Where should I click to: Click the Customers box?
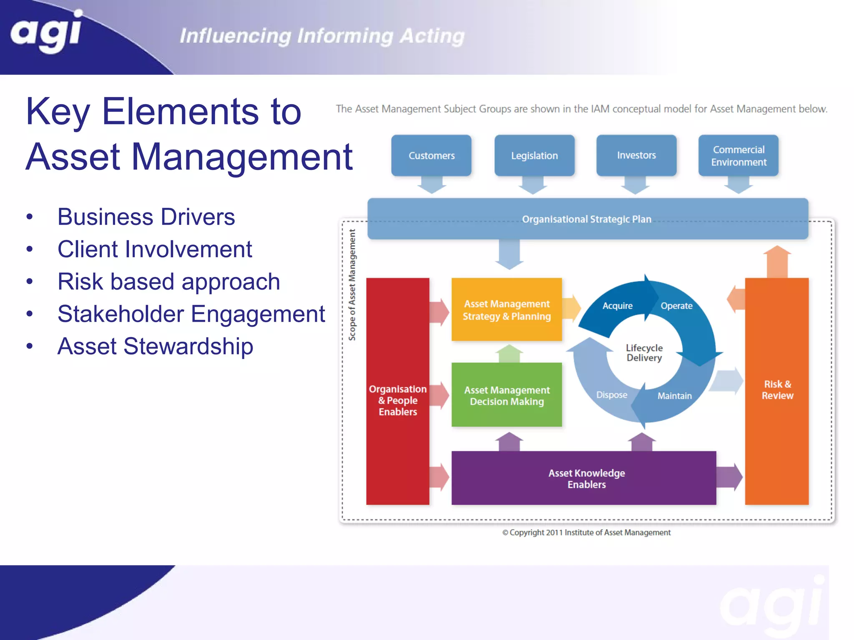click(x=431, y=155)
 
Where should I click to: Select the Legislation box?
click(x=534, y=155)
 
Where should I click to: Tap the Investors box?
click(x=636, y=155)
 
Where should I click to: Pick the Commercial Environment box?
click(x=738, y=155)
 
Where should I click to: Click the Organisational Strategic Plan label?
click(x=586, y=219)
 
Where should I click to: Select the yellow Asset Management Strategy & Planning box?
click(x=507, y=310)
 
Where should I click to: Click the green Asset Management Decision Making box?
click(x=507, y=395)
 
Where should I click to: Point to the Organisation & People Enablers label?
click(x=398, y=400)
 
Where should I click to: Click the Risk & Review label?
click(x=777, y=390)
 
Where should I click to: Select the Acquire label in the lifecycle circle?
click(x=617, y=306)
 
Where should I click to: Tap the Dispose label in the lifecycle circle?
click(x=611, y=395)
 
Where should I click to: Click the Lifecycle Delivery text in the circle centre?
click(x=644, y=352)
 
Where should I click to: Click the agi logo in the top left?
click(x=46, y=32)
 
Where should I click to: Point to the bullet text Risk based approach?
click(x=168, y=282)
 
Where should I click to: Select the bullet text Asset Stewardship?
click(x=155, y=346)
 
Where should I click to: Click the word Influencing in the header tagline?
click(x=235, y=36)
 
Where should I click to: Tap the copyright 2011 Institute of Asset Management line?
click(x=586, y=532)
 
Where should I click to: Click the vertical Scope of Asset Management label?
click(x=352, y=285)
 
